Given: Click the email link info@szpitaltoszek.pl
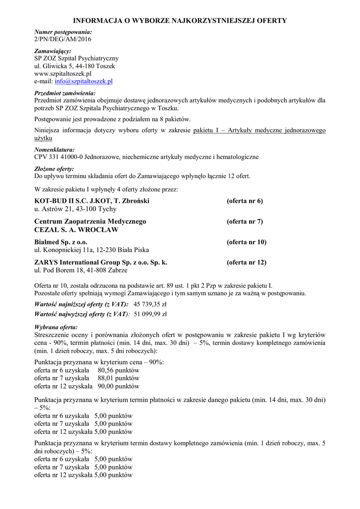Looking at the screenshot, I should tap(84, 81).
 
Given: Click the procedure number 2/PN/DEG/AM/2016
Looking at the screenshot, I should tap(63, 39).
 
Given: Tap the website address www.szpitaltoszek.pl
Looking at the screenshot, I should tap(63, 74).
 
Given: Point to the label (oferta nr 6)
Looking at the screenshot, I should tap(245, 201).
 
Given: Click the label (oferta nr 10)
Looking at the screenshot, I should tap(247, 242).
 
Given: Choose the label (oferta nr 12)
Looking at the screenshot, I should tap(247, 262).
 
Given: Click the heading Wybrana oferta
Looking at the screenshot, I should tap(56, 328).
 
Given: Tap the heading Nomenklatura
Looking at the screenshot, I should tap(54, 150).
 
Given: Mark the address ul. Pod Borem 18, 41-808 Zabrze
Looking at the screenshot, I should tap(81, 270).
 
